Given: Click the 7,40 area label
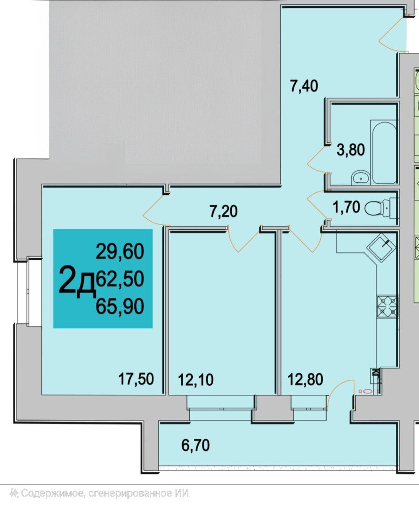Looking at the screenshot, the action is pyautogui.click(x=304, y=86).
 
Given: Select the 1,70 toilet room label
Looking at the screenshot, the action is pyautogui.click(x=347, y=207).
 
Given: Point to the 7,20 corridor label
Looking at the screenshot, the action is pyautogui.click(x=223, y=211).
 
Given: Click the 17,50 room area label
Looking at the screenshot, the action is pyautogui.click(x=136, y=379).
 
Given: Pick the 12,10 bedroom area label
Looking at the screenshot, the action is pyautogui.click(x=196, y=380).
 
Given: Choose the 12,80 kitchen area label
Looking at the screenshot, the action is pyautogui.click(x=305, y=380).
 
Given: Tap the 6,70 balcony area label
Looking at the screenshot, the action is pyautogui.click(x=196, y=445).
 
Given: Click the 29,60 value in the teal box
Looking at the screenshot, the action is pyautogui.click(x=120, y=252).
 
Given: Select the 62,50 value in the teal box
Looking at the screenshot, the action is pyautogui.click(x=120, y=279).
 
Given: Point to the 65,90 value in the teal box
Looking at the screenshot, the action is pyautogui.click(x=120, y=306).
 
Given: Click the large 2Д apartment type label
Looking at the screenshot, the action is pyautogui.click(x=77, y=282).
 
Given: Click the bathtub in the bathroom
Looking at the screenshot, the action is pyautogui.click(x=383, y=152).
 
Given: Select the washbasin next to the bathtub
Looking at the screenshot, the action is pyautogui.click(x=361, y=177).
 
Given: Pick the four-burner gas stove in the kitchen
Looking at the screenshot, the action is pyautogui.click(x=387, y=307).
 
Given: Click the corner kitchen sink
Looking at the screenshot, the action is pyautogui.click(x=381, y=248).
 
